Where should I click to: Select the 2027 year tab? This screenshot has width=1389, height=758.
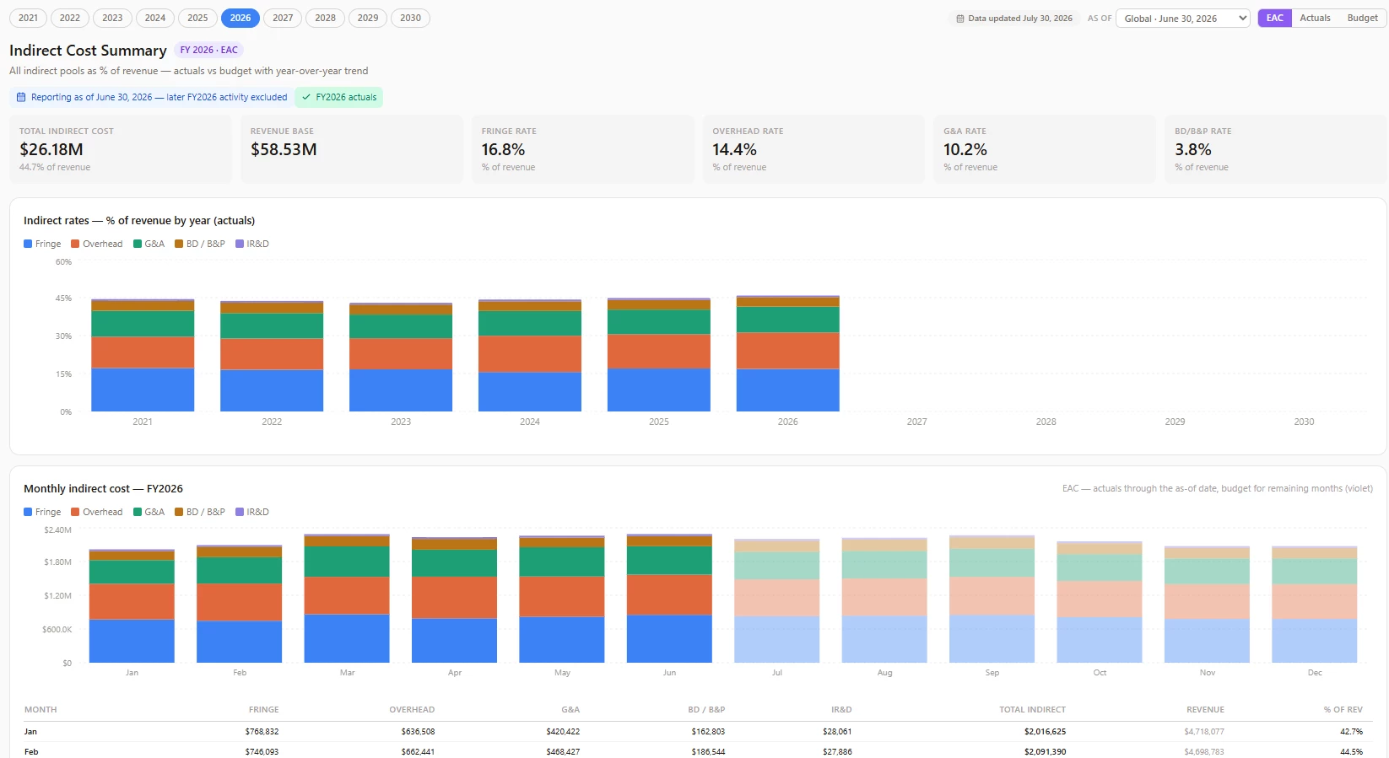283,18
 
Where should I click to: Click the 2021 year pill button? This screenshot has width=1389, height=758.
28,18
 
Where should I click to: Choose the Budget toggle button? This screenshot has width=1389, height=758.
1362,18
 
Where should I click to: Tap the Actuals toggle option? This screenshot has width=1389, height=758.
1315,18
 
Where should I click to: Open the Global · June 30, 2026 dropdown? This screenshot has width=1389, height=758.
1182,19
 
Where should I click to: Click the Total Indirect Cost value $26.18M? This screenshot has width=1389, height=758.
51,149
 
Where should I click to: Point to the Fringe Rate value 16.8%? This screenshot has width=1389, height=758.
504,149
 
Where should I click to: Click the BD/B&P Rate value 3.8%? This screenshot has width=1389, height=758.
1193,149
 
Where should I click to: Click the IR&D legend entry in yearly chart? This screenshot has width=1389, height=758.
252,244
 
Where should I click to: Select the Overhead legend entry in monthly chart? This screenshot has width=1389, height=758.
97,512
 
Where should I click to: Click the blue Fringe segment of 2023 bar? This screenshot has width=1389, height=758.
401,390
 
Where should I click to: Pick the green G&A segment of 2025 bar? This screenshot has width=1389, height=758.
658,322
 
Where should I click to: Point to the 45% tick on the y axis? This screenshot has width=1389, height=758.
63,298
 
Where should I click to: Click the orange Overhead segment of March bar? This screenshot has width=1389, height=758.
347,595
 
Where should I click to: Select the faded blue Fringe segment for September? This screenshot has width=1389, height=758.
992,639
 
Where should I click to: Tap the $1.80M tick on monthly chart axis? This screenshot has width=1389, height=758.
57,562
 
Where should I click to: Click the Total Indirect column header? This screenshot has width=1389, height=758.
1032,709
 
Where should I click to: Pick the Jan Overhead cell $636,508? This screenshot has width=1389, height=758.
418,731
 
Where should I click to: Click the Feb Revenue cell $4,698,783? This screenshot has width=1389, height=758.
1204,752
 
